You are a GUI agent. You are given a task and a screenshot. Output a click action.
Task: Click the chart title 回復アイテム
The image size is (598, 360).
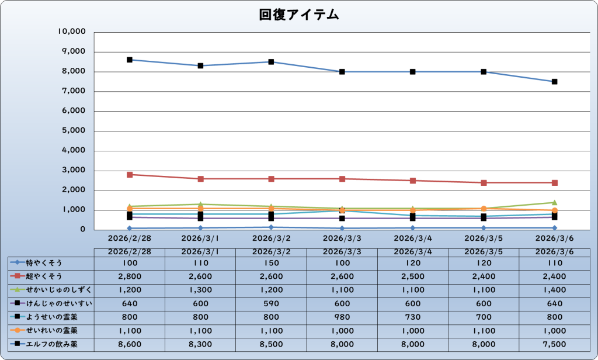coord(299,16)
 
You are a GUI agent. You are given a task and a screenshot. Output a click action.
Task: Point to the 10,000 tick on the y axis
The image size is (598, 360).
coord(73,32)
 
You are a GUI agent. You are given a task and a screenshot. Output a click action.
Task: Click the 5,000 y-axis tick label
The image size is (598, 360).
coord(74,131)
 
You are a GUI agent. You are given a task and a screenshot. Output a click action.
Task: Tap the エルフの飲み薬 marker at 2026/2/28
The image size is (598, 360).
coord(130,60)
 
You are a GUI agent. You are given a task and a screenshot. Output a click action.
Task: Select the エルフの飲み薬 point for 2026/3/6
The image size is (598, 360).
coord(554,82)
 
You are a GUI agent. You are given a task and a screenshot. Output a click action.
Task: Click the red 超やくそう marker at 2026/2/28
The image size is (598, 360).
coord(130,175)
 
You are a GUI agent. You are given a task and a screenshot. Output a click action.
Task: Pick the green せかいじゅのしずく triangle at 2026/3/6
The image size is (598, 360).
coord(554,202)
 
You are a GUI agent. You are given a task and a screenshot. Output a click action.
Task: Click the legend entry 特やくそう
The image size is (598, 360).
coord(44,263)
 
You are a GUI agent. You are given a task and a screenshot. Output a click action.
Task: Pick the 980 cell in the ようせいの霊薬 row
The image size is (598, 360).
coord(342,317)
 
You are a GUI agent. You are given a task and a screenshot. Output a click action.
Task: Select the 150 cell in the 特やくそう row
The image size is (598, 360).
coord(271,263)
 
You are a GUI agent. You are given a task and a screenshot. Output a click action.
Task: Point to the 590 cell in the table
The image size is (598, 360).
coord(271,303)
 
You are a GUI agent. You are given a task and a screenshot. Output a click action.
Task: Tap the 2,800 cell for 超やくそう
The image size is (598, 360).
coord(130,276)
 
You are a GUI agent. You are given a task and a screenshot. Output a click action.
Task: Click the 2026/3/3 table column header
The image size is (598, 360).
coord(342,251)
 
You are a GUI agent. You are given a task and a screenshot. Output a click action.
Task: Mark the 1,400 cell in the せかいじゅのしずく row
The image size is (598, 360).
coord(554,290)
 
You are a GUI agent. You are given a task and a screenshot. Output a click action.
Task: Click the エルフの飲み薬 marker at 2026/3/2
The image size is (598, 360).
coord(271,62)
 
